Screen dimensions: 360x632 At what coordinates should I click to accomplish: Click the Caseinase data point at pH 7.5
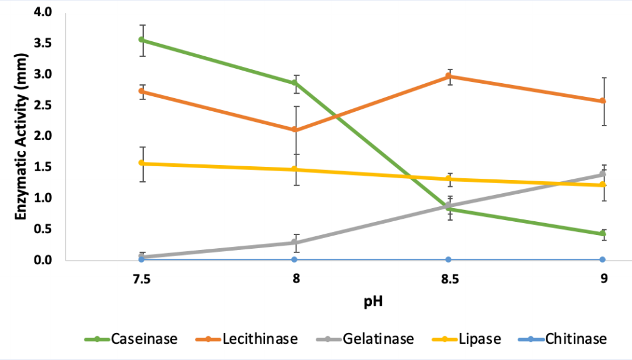[x=142, y=40]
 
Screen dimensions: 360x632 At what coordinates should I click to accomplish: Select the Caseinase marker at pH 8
[x=296, y=83]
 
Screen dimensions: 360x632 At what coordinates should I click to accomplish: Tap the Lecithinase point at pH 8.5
[x=449, y=76]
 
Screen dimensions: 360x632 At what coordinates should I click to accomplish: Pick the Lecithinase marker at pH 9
[x=603, y=101]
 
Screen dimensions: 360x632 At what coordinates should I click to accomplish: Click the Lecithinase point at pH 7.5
[x=142, y=91]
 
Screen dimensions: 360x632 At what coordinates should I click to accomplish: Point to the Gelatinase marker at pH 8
[x=296, y=242]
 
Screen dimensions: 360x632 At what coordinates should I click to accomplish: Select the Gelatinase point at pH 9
[x=603, y=174]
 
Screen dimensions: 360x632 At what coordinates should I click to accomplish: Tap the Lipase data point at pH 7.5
[x=142, y=164]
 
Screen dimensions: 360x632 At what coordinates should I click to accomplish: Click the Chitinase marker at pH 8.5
[x=449, y=259]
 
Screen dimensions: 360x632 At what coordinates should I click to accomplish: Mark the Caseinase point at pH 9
[x=603, y=234]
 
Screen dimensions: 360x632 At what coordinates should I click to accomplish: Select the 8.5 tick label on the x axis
[x=449, y=279]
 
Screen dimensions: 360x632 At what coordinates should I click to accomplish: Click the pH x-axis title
[x=373, y=302]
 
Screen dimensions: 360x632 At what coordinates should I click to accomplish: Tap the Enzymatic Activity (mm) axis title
[x=20, y=136]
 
